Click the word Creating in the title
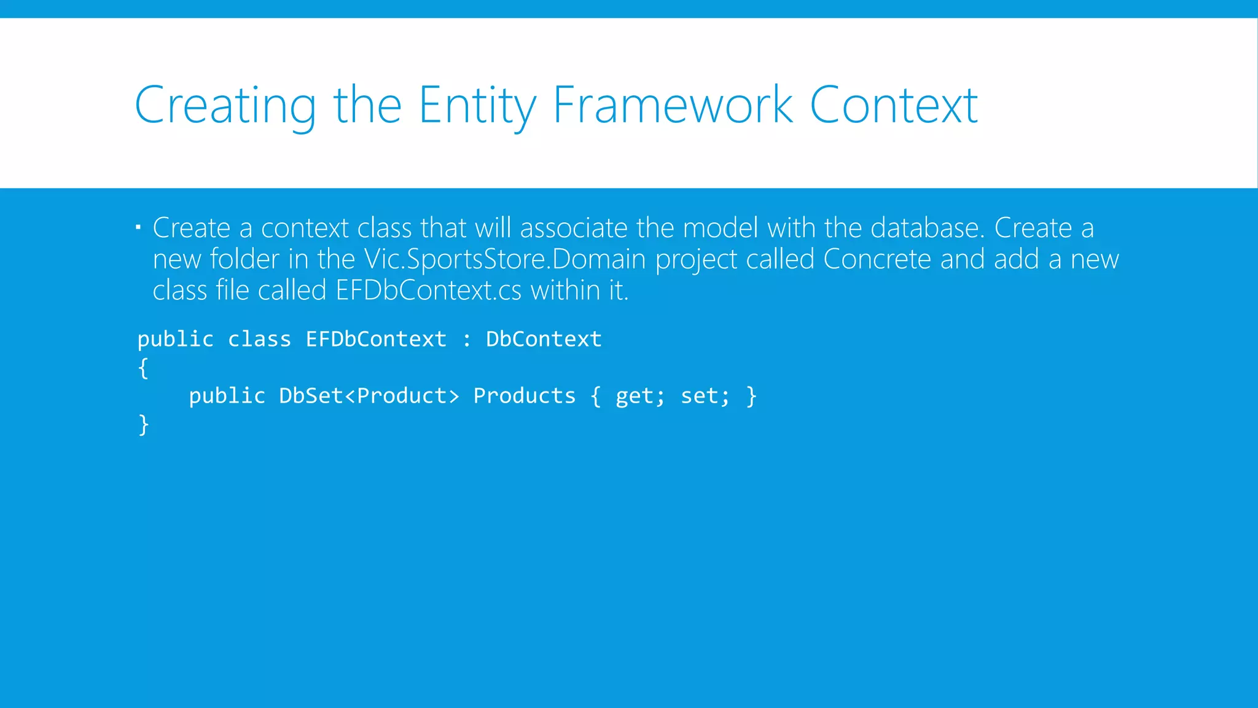tap(225, 106)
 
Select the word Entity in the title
tap(477, 106)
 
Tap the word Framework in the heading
tap(673, 106)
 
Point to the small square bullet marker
tap(139, 228)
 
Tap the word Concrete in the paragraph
tap(877, 259)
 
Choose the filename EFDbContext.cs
tap(428, 290)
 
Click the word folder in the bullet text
tap(244, 259)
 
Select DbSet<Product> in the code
tap(369, 396)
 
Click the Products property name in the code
tap(524, 396)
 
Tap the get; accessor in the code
tap(639, 396)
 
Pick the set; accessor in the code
tap(705, 396)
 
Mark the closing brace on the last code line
tap(144, 425)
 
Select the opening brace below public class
tap(143, 368)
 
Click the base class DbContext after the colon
tap(544, 339)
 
